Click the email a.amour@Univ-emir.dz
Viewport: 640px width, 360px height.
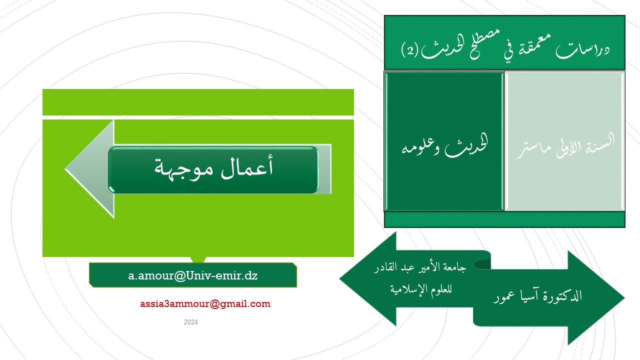coord(193,275)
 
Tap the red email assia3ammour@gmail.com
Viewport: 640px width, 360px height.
coord(205,303)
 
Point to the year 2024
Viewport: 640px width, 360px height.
coord(191,322)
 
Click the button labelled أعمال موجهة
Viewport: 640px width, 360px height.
coord(213,169)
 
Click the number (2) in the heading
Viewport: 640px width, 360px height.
coord(409,50)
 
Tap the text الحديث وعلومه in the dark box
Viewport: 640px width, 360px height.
coord(444,145)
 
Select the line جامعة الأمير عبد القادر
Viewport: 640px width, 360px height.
coord(420,267)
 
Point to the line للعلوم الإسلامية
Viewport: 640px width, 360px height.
coord(421,289)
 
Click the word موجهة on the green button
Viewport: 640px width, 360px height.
coord(183,169)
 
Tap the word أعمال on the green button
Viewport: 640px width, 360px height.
coord(247,167)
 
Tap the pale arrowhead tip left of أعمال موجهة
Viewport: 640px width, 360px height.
coord(65,169)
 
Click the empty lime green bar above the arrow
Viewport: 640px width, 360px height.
coord(198,102)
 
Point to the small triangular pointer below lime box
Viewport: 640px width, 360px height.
coord(198,259)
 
